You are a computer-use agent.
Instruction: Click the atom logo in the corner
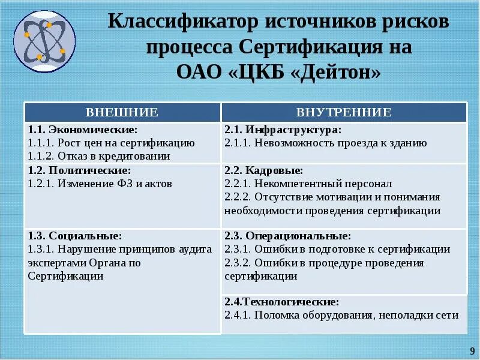tap(44, 38)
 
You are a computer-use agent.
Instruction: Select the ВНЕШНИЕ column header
tap(122, 112)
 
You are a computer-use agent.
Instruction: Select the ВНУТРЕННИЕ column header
tap(344, 112)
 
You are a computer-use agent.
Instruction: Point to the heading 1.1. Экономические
tap(83, 130)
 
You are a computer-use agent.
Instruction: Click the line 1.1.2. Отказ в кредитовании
tap(99, 156)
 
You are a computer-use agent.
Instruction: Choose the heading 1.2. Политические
tap(79, 170)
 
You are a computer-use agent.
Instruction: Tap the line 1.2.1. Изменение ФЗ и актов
tap(100, 184)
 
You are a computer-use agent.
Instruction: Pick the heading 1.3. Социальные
tap(75, 236)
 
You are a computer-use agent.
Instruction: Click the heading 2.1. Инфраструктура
tap(283, 130)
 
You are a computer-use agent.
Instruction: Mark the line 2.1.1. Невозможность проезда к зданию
tap(326, 143)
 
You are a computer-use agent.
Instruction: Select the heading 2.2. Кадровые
tap(263, 170)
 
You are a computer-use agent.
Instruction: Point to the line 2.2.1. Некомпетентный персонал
tap(308, 184)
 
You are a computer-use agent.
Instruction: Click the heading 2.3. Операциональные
tap(287, 236)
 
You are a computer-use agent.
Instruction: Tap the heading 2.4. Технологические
tap(281, 301)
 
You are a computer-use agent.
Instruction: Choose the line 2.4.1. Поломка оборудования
tap(341, 314)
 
